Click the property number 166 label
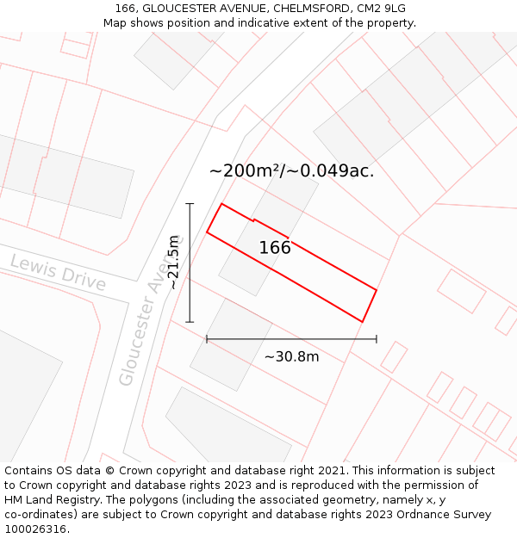tap(275, 248)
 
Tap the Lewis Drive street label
tap(58, 273)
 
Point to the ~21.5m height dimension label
tap(173, 263)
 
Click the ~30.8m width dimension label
tap(291, 356)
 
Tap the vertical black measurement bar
tap(190, 263)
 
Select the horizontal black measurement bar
tap(291, 339)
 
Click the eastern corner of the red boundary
tap(377, 289)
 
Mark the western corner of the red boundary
tap(207, 232)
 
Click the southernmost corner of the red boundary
tap(362, 322)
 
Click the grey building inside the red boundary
tap(258, 241)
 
